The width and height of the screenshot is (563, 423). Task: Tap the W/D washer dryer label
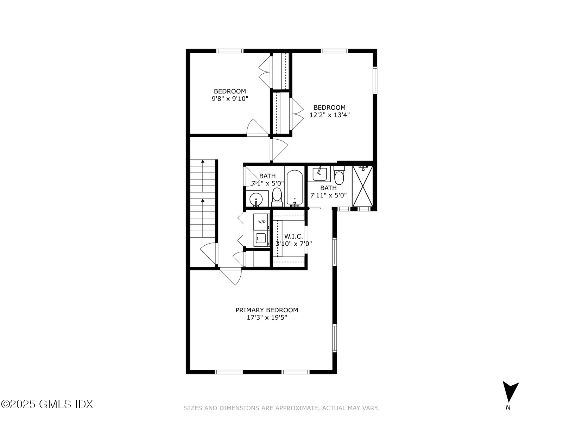(262, 222)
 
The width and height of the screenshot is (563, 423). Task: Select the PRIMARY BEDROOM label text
(266, 310)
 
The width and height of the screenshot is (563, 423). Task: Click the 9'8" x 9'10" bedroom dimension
(230, 99)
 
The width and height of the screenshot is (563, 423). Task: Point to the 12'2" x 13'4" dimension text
(329, 115)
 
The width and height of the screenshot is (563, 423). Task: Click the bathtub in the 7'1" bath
(295, 188)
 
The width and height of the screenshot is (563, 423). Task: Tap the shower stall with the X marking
(362, 186)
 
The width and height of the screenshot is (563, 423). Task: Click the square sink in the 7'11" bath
(319, 174)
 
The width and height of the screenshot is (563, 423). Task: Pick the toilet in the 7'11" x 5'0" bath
(339, 176)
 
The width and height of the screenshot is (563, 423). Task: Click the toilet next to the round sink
(277, 196)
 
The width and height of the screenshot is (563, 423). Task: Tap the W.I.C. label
(293, 237)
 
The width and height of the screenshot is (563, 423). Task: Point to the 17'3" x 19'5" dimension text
(266, 318)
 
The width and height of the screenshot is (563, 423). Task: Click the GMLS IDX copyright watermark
(47, 404)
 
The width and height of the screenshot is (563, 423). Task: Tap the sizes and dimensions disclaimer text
(281, 408)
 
